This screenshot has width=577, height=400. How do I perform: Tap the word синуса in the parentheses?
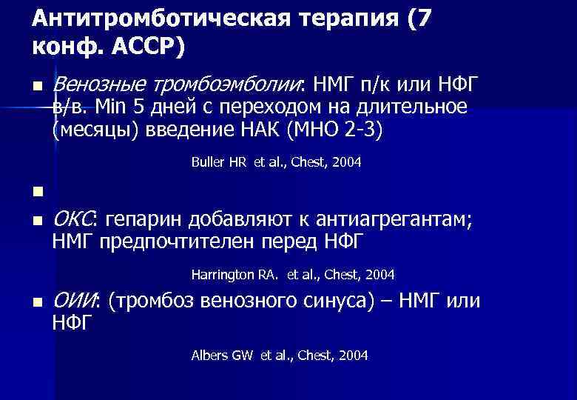pos(337,300)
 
